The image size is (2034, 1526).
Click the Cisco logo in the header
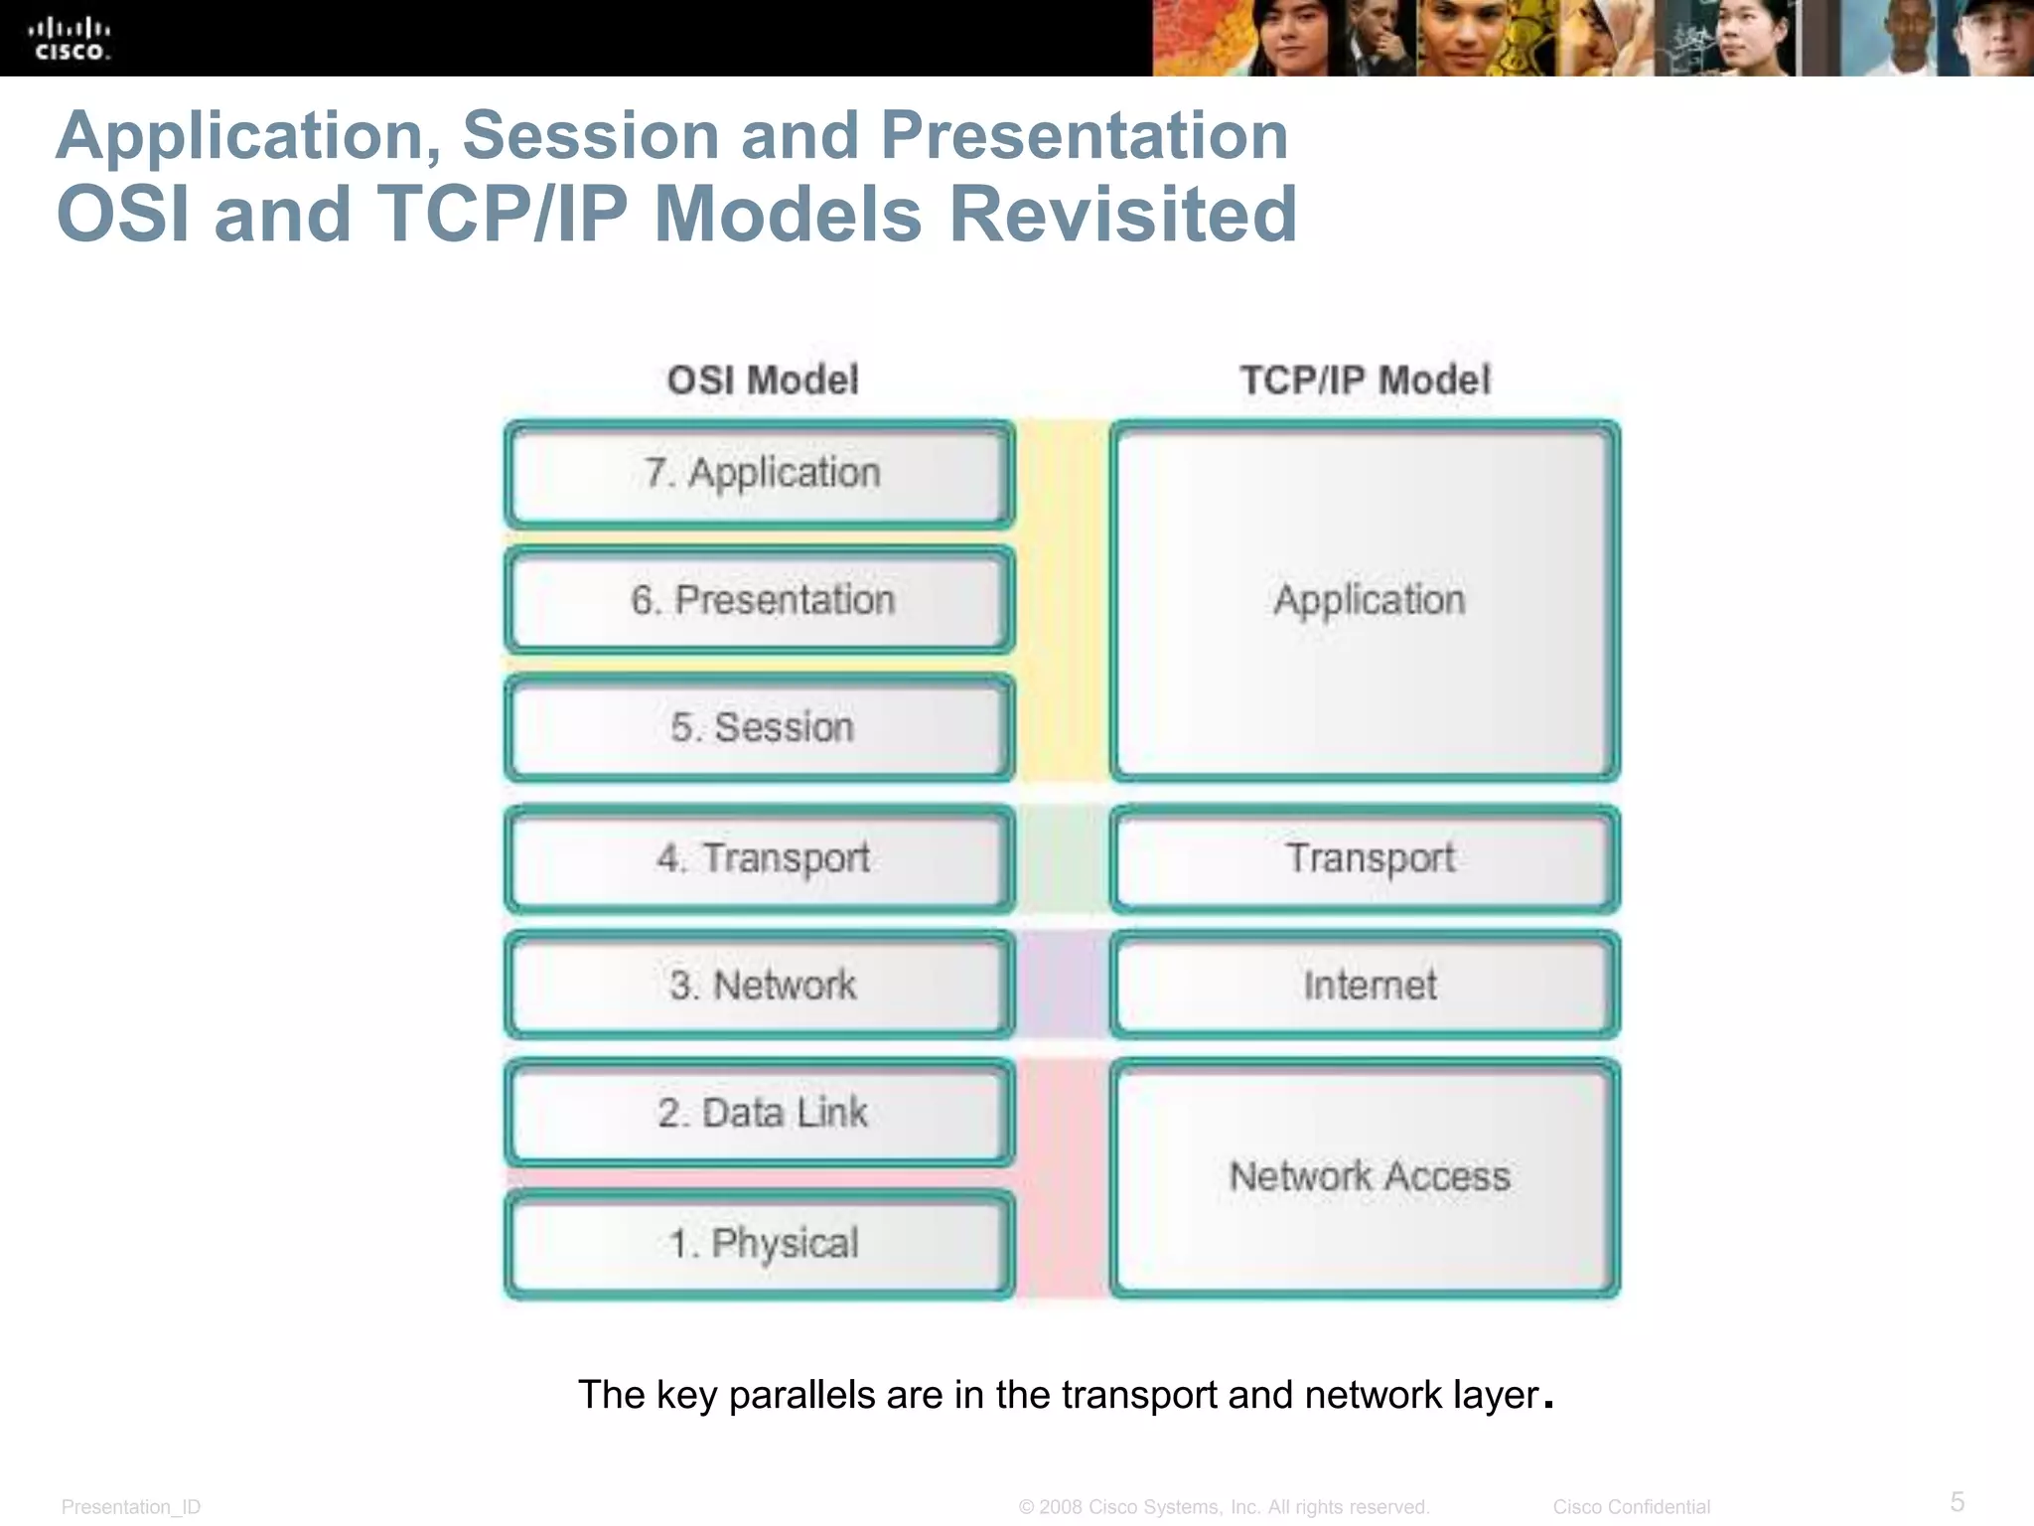point(70,40)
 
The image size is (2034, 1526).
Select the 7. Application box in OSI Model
point(760,474)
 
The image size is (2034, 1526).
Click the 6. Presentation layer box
point(760,600)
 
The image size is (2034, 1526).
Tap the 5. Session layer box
point(760,727)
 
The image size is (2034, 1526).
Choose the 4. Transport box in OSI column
point(760,858)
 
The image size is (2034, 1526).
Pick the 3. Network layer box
point(760,986)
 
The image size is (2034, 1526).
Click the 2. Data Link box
point(760,1113)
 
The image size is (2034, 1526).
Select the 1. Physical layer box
point(760,1244)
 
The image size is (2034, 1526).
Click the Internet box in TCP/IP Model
point(1367,986)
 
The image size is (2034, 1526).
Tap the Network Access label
point(1369,1176)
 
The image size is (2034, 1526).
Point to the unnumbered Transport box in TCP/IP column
point(1367,858)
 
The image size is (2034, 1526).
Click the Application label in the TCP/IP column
point(1369,600)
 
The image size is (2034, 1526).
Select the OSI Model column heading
point(762,380)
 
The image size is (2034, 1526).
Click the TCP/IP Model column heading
point(1365,380)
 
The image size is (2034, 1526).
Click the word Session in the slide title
point(590,135)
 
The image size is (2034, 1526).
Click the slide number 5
point(1957,1500)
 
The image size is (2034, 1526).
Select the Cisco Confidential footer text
point(1631,1506)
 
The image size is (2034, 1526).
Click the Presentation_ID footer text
point(131,1506)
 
